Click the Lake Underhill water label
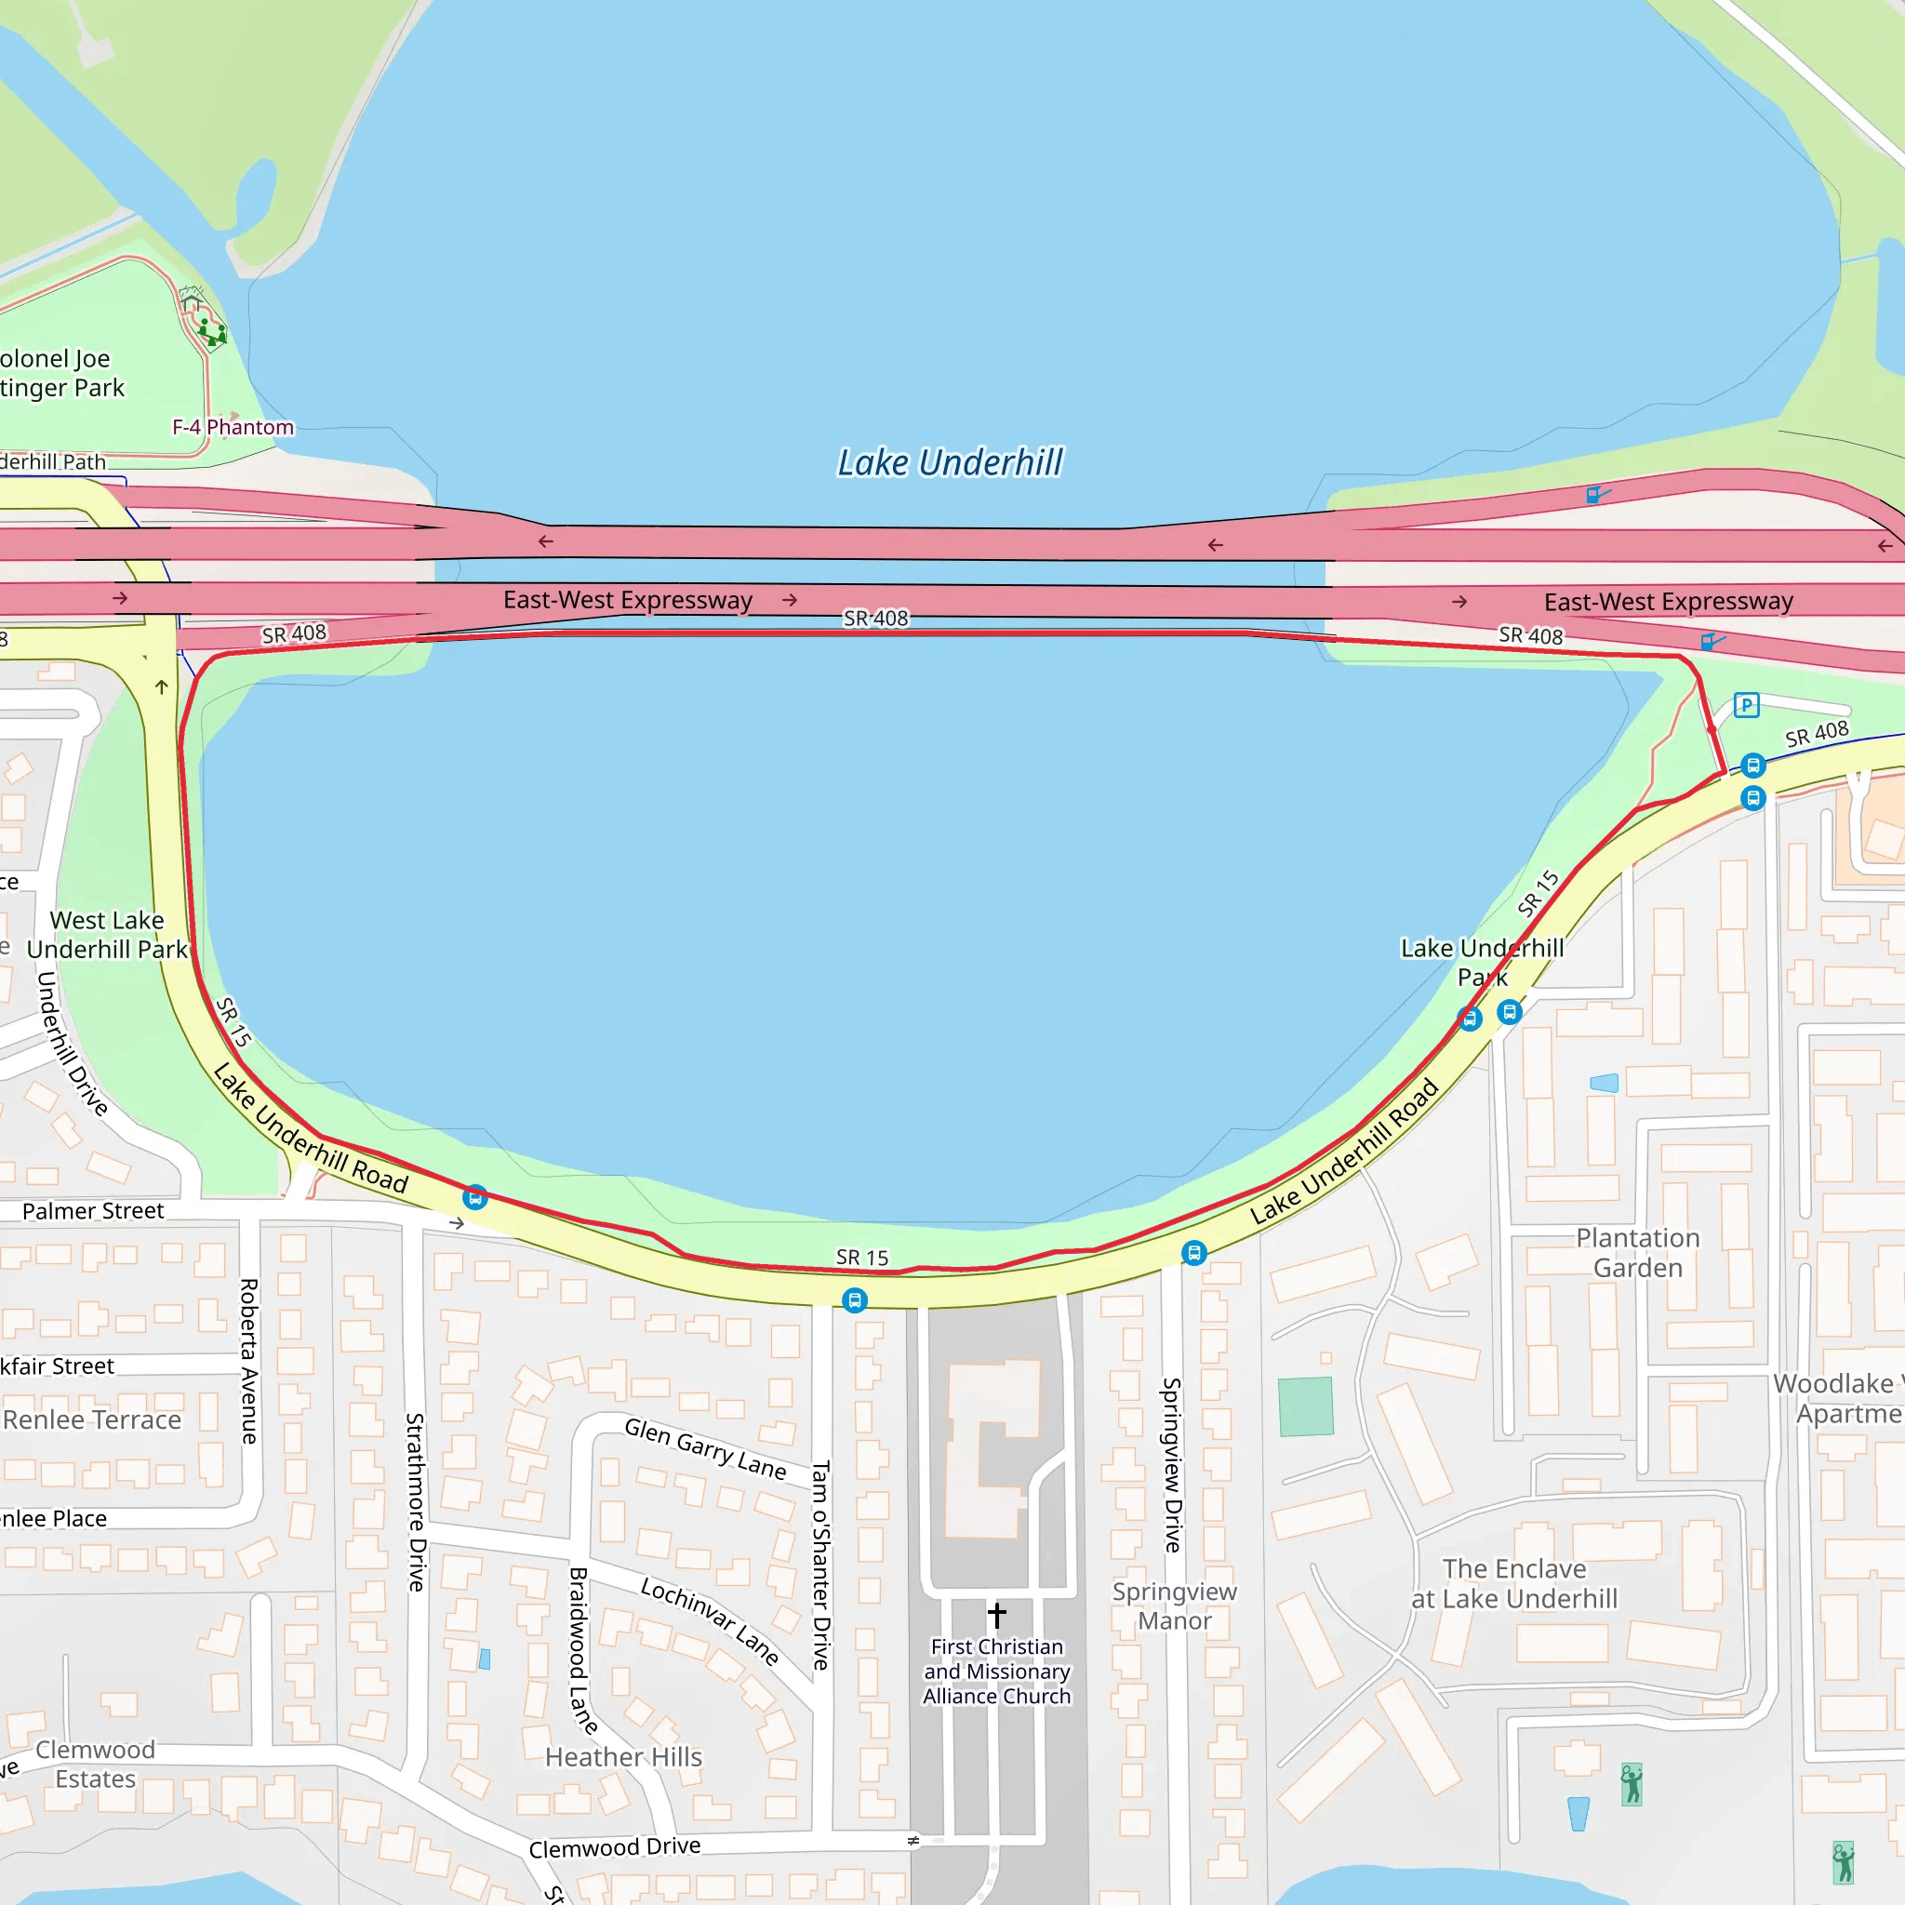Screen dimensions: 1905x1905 pyautogui.click(x=950, y=462)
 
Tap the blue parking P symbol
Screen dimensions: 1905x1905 pyautogui.click(x=1746, y=705)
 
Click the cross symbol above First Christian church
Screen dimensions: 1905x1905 pyautogui.click(x=997, y=1614)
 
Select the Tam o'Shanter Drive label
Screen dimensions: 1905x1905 pyautogui.click(x=820, y=1565)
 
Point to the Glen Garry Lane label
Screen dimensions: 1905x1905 pyautogui.click(x=705, y=1448)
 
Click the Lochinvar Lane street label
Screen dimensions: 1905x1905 pyautogui.click(x=710, y=1620)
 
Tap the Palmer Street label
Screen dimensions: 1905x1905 pyautogui.click(x=93, y=1211)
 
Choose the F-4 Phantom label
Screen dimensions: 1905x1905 pyautogui.click(x=233, y=427)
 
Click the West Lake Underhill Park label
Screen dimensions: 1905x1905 pyautogui.click(x=106, y=934)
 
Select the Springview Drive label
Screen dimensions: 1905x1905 pyautogui.click(x=1171, y=1464)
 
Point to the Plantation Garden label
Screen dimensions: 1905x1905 pyautogui.click(x=1638, y=1252)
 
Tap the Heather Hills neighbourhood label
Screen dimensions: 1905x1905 pyautogui.click(x=623, y=1756)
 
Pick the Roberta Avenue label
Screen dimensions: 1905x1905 pyautogui.click(x=249, y=1361)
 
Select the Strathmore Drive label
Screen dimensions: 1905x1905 pyautogui.click(x=416, y=1501)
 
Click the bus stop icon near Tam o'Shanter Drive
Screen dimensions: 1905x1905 pyautogui.click(x=855, y=1299)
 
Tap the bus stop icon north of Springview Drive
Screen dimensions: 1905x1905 pyautogui.click(x=1194, y=1252)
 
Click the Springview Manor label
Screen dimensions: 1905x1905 pyautogui.click(x=1175, y=1605)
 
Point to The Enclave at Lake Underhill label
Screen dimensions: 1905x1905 pyautogui.click(x=1514, y=1582)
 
